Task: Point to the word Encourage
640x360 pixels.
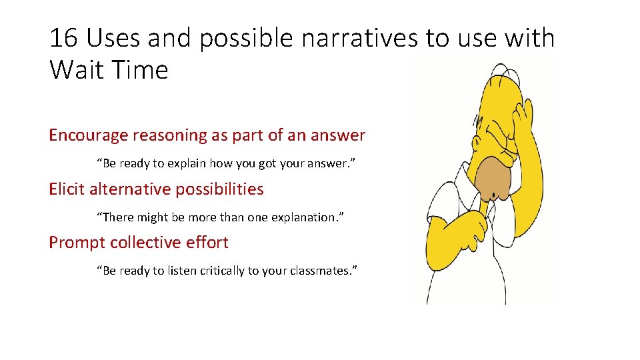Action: (89, 135)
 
